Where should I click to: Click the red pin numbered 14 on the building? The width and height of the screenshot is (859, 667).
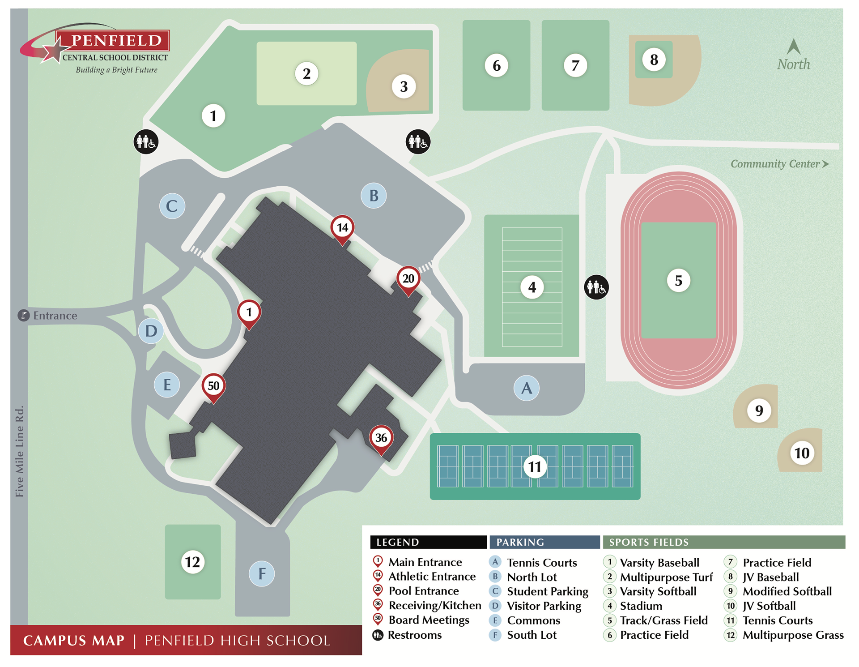[342, 228]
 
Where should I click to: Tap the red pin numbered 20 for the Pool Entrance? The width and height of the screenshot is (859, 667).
[408, 279]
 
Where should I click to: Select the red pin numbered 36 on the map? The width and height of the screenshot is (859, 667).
[381, 438]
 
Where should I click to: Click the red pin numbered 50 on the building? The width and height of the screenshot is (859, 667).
[213, 386]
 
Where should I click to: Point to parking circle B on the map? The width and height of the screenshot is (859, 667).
[374, 196]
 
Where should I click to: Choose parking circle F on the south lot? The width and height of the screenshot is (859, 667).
[262, 573]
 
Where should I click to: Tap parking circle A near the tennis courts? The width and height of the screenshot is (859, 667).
[526, 388]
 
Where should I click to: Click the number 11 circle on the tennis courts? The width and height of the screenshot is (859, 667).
[535, 467]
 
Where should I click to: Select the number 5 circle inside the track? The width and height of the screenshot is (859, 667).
[678, 281]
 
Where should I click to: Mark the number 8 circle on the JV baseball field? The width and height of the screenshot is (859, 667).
[654, 60]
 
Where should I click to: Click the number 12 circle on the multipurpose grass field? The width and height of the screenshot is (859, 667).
[192, 562]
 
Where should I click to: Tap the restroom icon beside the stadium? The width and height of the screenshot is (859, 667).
[596, 287]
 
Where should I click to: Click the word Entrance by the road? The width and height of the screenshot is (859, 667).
[55, 316]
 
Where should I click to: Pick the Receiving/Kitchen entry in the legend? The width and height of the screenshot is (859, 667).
[434, 606]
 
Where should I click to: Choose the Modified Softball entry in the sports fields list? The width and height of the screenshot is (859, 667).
[787, 591]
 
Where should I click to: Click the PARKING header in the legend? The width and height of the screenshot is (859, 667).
[520, 542]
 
